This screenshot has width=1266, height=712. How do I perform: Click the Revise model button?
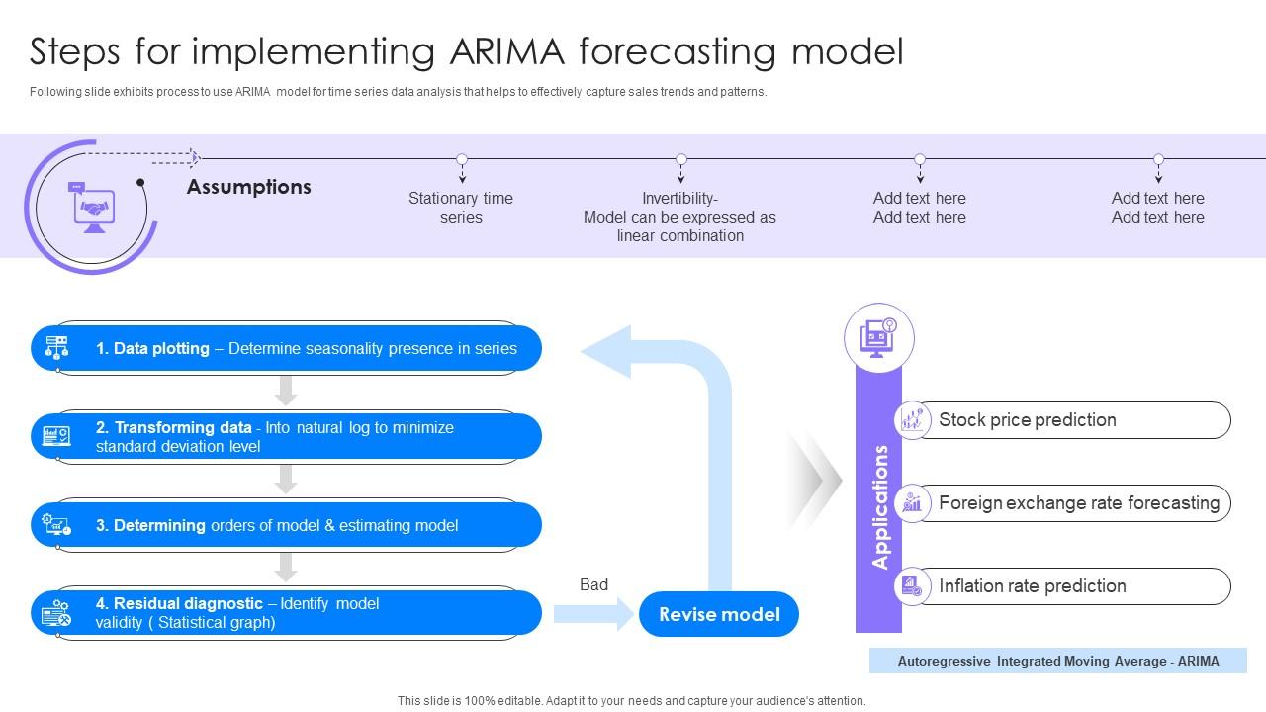pyautogui.click(x=719, y=614)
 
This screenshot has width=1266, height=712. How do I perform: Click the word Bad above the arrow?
pyautogui.click(x=593, y=584)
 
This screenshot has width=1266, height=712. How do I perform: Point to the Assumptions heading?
pyautogui.click(x=248, y=187)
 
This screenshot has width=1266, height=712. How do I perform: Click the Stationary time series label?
pyautogui.click(x=461, y=208)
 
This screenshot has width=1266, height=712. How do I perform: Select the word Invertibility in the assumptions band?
pyautogui.click(x=679, y=198)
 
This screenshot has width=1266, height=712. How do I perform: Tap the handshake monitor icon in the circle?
pyautogui.click(x=94, y=208)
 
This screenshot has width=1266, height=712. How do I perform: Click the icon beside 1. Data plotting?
pyautogui.click(x=57, y=348)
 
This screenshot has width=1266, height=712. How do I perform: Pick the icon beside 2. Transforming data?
pyautogui.click(x=57, y=436)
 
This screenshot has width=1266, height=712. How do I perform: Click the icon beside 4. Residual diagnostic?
pyautogui.click(x=57, y=614)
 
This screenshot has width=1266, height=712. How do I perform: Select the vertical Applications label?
pyautogui.click(x=879, y=506)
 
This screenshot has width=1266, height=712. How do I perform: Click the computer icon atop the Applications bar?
pyautogui.click(x=878, y=337)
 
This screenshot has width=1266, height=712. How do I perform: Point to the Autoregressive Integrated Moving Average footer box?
pyautogui.click(x=1057, y=661)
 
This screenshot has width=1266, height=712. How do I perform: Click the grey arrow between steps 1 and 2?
pyautogui.click(x=286, y=390)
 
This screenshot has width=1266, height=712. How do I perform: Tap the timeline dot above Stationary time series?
pyautogui.click(x=462, y=159)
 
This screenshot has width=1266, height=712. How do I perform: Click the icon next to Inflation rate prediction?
pyautogui.click(x=912, y=586)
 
